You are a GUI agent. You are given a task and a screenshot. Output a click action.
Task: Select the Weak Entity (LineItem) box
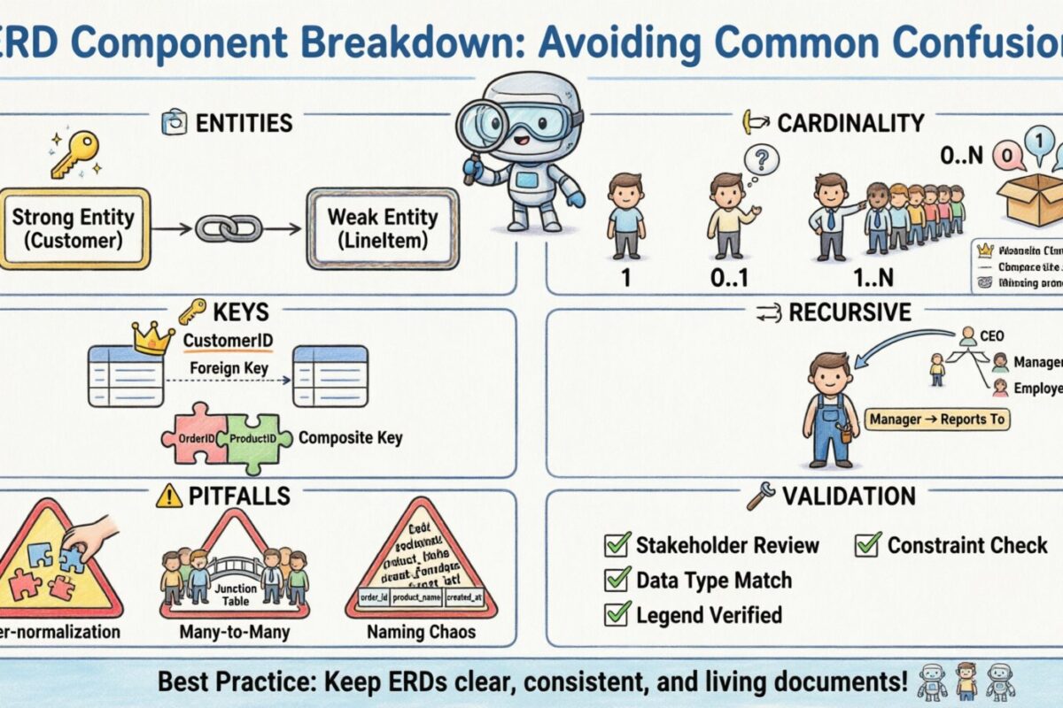pyautogui.click(x=382, y=227)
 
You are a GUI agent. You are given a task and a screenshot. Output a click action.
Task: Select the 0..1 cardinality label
pyautogui.click(x=729, y=277)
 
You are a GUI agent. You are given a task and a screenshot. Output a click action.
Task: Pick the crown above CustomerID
pyautogui.click(x=153, y=338)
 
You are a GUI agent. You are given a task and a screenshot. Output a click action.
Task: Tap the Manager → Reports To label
pyautogui.click(x=937, y=419)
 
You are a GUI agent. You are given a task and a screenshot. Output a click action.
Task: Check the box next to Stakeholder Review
pyautogui.click(x=617, y=544)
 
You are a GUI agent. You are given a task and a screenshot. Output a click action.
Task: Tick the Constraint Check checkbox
pyautogui.click(x=867, y=544)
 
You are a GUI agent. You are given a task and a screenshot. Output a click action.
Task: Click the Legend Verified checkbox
pyautogui.click(x=617, y=613)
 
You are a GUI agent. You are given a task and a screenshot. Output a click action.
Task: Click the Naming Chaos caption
pyautogui.click(x=421, y=633)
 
